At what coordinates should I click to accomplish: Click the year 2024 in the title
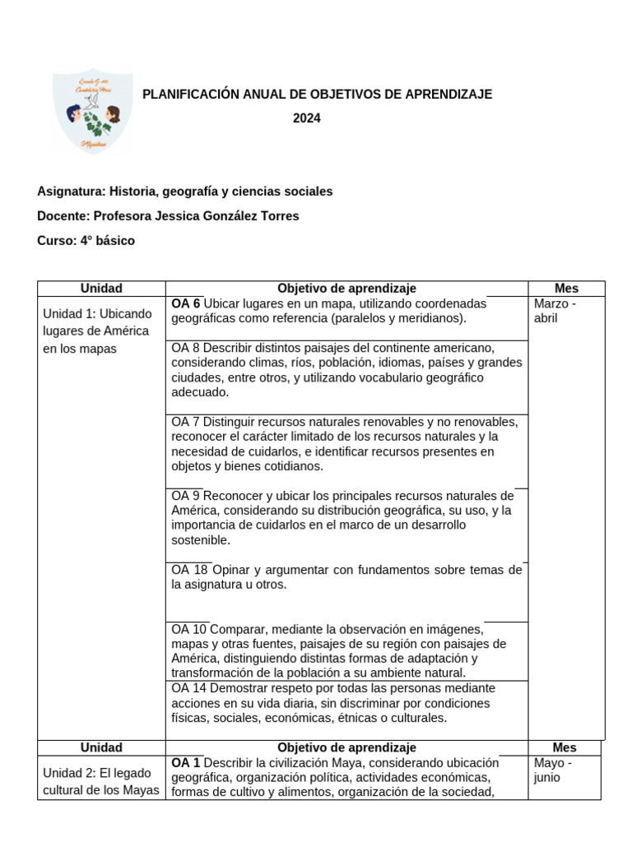307,118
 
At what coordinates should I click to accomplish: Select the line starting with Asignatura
184,192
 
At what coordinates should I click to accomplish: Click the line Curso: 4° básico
86,241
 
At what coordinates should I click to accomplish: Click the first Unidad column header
101,289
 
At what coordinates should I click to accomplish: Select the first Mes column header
566,289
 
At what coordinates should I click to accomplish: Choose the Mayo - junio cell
553,770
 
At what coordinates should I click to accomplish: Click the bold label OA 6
185,303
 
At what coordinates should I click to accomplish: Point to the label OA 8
185,348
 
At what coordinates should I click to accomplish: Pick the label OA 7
185,422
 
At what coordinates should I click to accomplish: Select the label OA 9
185,496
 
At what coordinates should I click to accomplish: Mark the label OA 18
188,570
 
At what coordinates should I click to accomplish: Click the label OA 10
188,629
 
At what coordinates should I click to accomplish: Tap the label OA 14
188,688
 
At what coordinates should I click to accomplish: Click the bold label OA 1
185,762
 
